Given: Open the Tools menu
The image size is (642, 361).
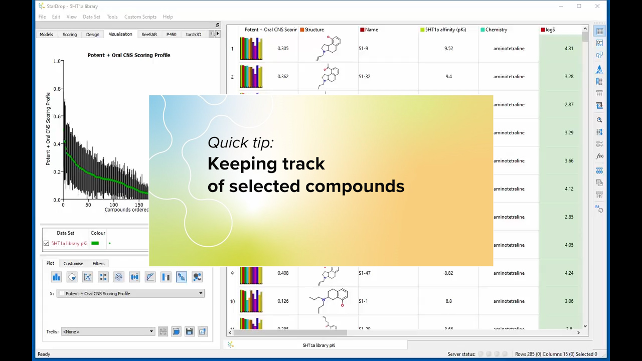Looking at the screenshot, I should (x=112, y=17).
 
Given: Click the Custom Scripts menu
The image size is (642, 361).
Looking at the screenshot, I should (x=140, y=17).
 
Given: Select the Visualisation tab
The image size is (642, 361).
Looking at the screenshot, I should (x=120, y=34).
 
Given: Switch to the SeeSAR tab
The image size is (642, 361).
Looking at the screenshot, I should (x=149, y=35).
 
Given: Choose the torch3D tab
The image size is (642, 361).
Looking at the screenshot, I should (x=193, y=35).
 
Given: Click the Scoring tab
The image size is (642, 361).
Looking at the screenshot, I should (x=70, y=35).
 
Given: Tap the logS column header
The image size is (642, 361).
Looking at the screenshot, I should (x=550, y=30).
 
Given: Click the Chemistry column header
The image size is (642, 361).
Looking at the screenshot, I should (x=496, y=30).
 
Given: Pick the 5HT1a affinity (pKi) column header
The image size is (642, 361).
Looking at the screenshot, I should (x=445, y=30).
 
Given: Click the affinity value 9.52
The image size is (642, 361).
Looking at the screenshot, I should (x=448, y=49).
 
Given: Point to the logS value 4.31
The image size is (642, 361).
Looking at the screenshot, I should (x=569, y=49).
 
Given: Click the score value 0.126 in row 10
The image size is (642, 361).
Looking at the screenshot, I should (x=283, y=301).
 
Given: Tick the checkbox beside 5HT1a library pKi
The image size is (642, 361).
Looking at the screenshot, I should (x=47, y=244).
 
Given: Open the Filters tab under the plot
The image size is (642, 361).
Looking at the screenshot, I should (x=98, y=263).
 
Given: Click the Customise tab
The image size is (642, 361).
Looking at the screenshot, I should (x=73, y=263).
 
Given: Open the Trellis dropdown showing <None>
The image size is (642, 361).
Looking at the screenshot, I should (x=108, y=331).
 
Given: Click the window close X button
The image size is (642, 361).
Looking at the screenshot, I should (x=597, y=6).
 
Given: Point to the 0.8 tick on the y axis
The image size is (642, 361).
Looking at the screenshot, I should (x=57, y=89).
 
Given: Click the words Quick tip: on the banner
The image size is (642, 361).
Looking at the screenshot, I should (x=241, y=142).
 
